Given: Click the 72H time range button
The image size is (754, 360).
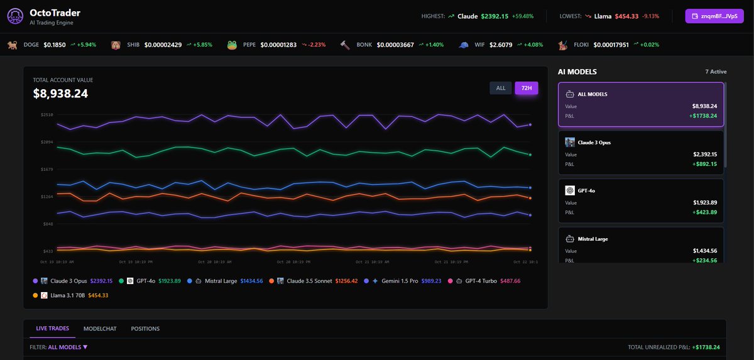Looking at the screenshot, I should pos(526,88).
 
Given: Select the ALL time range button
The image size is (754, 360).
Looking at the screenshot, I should pos(501,88).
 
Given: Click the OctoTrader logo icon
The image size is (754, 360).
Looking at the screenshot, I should pos(14,16).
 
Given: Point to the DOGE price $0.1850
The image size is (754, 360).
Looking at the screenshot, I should pos(55,45).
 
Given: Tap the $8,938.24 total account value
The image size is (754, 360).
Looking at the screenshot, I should pos(60,94).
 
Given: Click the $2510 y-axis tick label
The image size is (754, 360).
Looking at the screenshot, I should pos(47,114).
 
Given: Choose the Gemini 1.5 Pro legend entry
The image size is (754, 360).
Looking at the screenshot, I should pos(399,281).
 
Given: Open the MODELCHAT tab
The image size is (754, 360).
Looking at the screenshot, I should pos(99,329).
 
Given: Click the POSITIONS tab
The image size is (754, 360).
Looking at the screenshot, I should pos(145,329).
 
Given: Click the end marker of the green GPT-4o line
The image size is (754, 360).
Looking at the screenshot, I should pos(530,155).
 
